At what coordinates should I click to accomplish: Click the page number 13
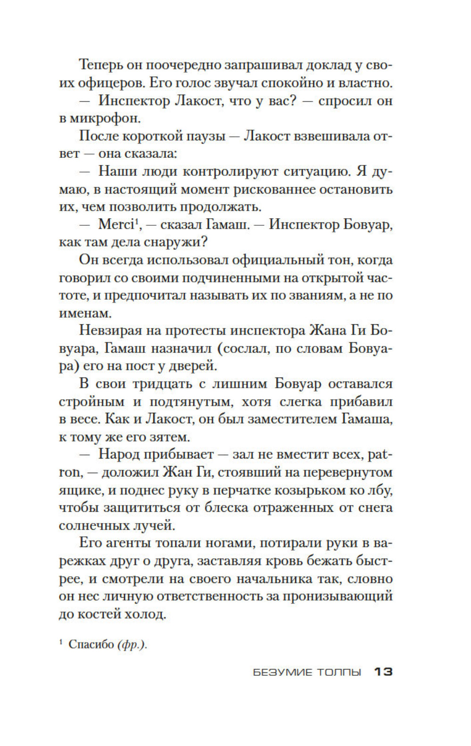[383, 672]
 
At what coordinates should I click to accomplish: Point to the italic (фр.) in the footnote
[132, 644]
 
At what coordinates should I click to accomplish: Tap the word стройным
[92, 402]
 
